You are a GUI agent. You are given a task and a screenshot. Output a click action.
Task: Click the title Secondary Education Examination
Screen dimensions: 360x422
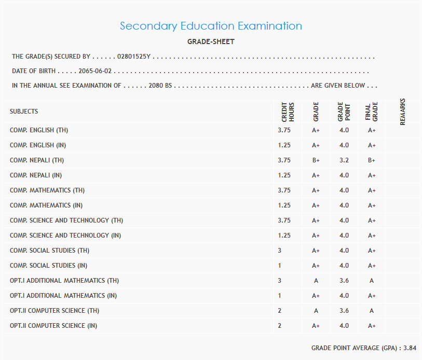(x=211, y=26)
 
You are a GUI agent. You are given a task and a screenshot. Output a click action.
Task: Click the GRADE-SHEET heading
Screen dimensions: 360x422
(x=211, y=42)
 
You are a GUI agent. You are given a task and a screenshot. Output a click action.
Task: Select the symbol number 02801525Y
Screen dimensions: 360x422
(x=134, y=57)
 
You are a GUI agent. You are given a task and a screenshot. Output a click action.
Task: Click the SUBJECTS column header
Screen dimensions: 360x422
(x=24, y=112)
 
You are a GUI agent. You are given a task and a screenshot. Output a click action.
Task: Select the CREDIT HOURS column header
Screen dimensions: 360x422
(x=288, y=112)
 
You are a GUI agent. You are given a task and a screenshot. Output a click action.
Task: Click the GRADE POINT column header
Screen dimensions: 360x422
(x=344, y=112)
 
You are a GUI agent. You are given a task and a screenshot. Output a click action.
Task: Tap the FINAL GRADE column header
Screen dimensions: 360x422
(x=371, y=112)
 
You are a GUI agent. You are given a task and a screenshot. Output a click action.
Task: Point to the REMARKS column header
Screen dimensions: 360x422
(x=403, y=112)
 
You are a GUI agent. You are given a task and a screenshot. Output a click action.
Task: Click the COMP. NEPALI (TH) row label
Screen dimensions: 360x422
(x=37, y=160)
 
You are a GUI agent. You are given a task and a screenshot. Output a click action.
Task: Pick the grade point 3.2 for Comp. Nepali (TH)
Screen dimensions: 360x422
(x=344, y=160)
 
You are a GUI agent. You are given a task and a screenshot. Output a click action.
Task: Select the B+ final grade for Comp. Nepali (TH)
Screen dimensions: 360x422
(x=372, y=160)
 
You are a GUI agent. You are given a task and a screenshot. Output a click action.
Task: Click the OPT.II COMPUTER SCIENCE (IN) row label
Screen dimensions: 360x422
(x=53, y=326)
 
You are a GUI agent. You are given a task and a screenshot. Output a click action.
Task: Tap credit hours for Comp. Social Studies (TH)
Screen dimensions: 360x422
(x=280, y=251)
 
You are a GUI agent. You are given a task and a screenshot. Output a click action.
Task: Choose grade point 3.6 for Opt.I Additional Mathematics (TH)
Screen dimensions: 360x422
(x=344, y=281)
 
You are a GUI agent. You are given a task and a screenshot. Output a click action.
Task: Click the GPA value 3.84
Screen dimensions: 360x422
(x=410, y=348)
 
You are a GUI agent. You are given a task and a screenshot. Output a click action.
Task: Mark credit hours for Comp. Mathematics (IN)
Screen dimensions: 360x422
(x=284, y=205)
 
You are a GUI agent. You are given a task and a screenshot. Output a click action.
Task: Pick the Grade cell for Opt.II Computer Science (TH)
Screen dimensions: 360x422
(x=316, y=311)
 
